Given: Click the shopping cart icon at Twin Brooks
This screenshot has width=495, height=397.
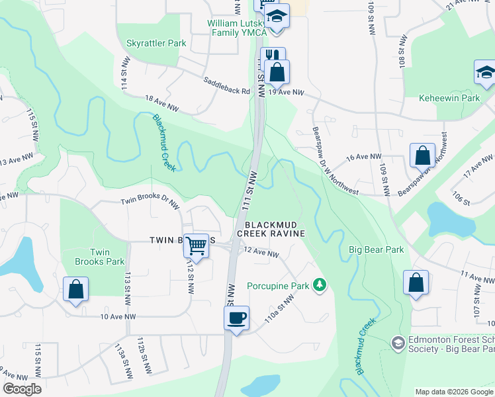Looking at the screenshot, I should point(197,245).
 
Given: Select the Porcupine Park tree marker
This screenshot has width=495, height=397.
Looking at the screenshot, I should point(320,285).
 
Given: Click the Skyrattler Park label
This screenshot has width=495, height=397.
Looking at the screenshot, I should point(156,43).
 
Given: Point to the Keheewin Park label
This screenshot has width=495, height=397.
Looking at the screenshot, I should point(449,98).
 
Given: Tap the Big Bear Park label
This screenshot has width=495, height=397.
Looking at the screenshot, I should point(377,250).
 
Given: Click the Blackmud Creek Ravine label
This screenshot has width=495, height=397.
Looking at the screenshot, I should point(271,229).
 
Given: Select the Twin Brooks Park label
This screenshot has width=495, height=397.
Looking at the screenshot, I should point(99,257).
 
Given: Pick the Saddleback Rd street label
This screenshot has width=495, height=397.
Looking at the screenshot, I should point(227,87).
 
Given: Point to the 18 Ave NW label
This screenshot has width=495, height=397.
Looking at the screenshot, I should point(161,104).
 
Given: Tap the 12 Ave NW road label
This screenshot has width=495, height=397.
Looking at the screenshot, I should point(261,252).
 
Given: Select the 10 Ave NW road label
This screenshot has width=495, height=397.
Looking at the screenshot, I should point(118,317).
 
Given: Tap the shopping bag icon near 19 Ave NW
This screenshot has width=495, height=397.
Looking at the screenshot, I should point(277,71).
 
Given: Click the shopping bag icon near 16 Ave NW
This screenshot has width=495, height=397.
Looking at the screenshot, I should point(422,155).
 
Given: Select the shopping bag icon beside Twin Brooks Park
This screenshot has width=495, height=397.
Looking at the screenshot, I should point(76,289).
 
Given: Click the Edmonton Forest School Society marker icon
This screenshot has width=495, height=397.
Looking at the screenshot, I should point(398,342).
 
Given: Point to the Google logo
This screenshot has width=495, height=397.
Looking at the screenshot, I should point(21,389).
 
